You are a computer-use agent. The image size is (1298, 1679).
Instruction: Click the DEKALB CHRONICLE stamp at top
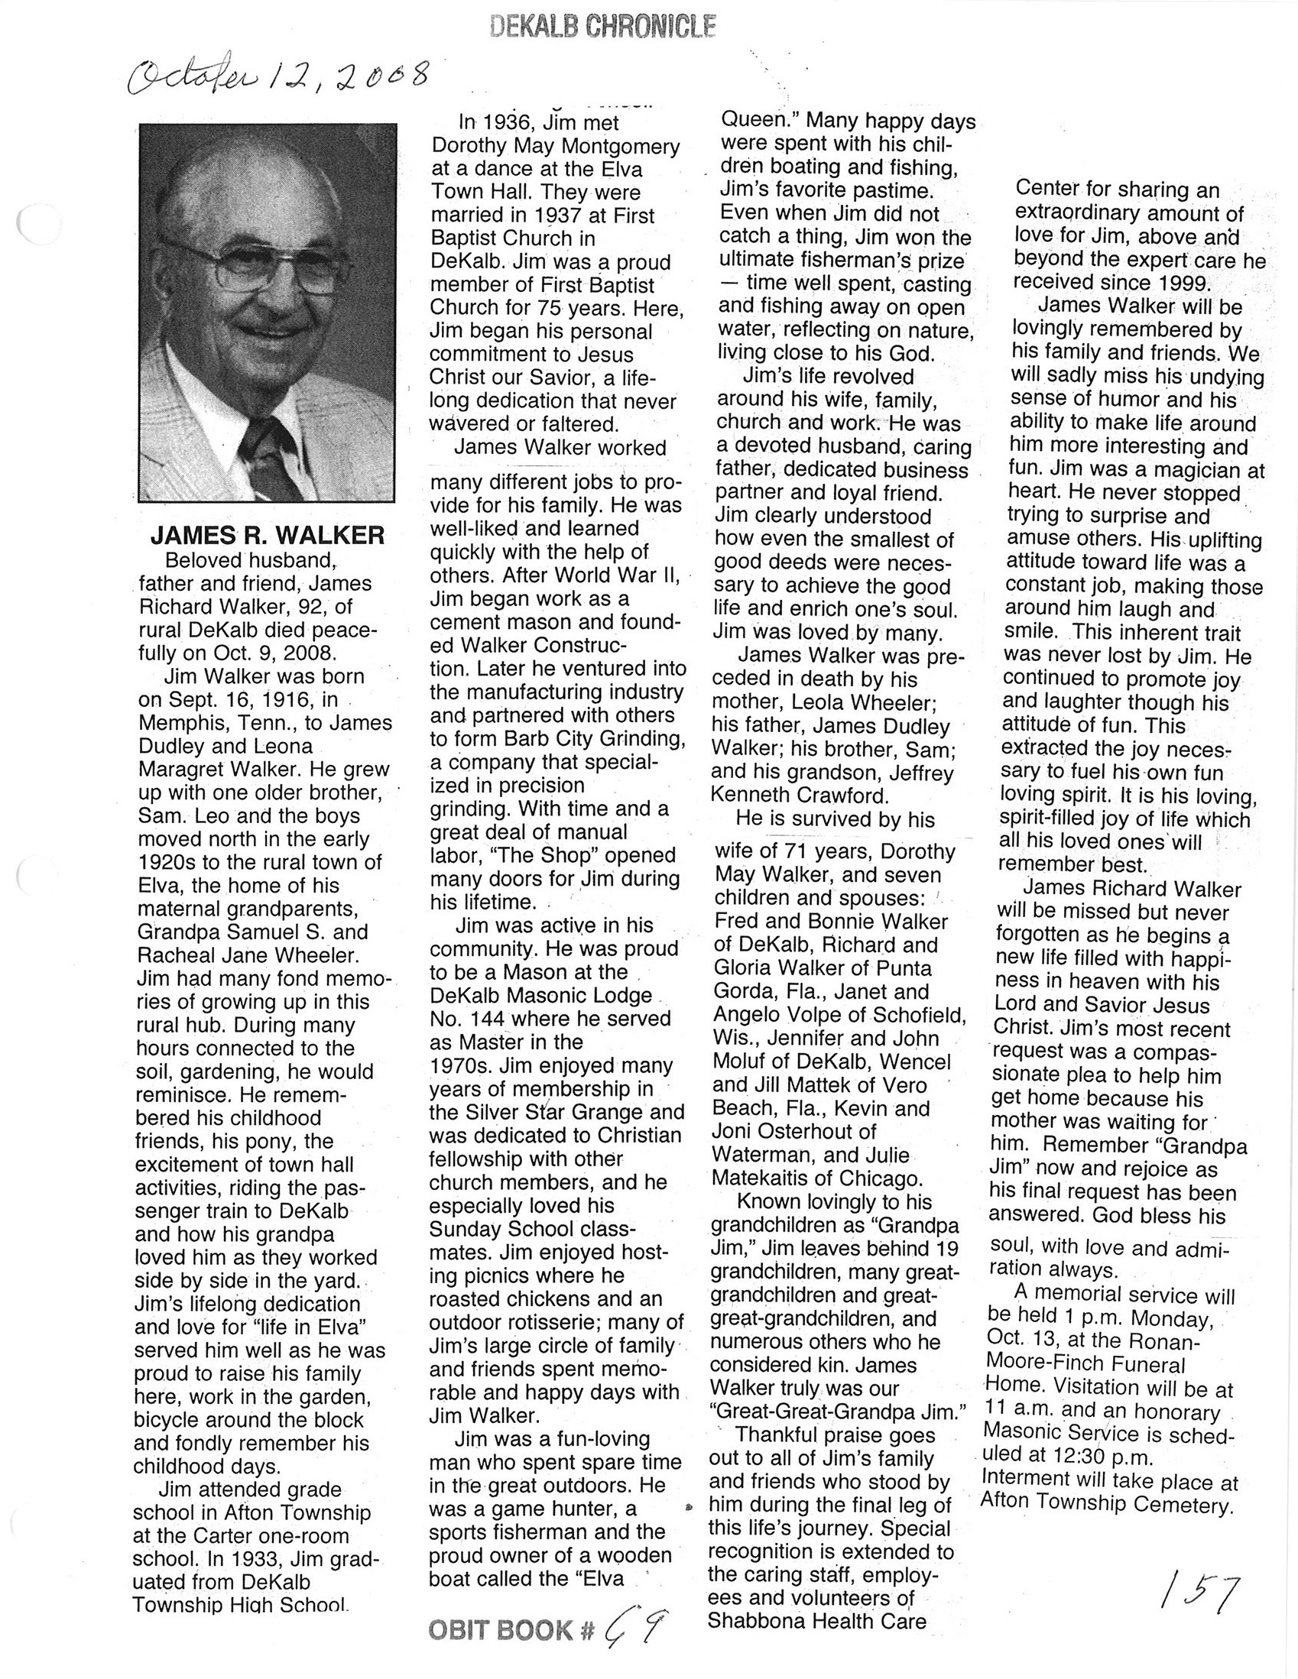pos(602,28)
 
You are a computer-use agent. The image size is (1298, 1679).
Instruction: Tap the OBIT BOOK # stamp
pos(511,1630)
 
